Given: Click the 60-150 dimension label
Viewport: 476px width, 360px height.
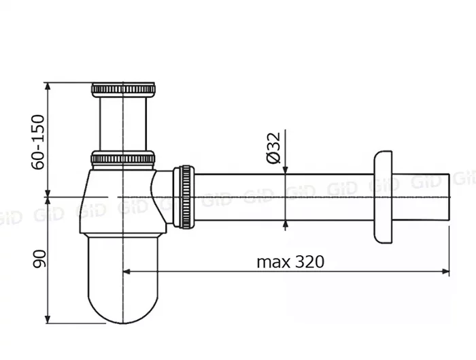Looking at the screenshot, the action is coord(38,142).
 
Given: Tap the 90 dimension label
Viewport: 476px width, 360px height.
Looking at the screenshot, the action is coord(39,259).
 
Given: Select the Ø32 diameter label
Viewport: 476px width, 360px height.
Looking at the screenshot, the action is coord(273,148).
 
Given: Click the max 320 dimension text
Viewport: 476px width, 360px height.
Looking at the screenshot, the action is coord(290,261).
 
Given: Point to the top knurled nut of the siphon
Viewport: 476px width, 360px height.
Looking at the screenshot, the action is coord(123,89).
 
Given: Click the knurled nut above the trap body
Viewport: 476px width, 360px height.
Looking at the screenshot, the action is coord(123,159).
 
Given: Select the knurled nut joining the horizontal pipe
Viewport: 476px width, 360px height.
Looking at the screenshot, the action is coord(184,197).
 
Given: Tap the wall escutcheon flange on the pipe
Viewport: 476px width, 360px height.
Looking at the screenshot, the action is coord(383,197).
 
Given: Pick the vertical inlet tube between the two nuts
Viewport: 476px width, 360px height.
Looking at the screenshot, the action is coord(123,124).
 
